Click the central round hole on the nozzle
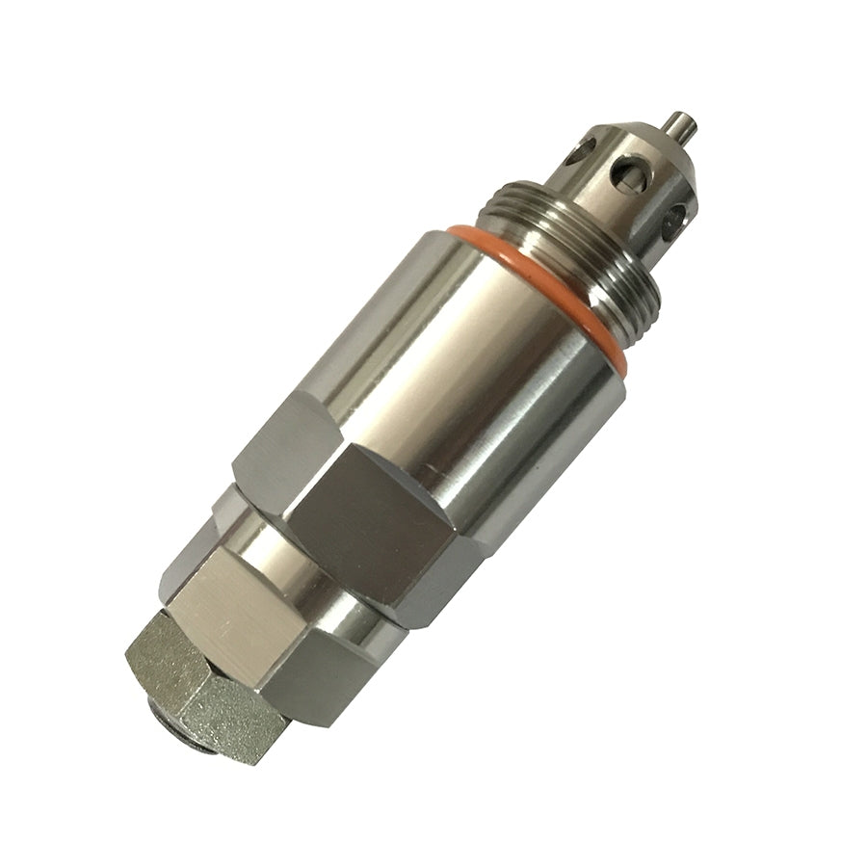click(629, 172)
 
